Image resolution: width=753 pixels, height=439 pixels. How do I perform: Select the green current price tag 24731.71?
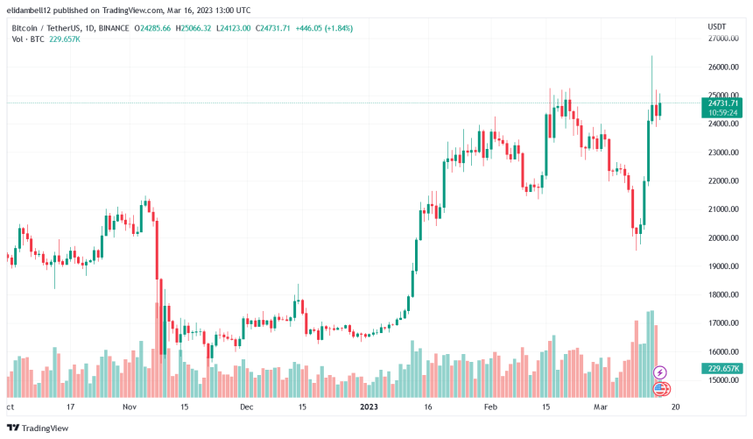pos(722,103)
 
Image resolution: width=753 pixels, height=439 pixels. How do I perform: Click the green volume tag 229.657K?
pos(722,369)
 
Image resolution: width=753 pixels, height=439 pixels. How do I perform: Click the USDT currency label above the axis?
pos(717,27)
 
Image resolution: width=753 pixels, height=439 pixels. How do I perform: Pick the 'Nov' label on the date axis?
pos(130,407)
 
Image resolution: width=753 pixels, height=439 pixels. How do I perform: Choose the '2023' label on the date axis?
pos(368,407)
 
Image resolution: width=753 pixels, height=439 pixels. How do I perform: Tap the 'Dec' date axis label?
pos(246,407)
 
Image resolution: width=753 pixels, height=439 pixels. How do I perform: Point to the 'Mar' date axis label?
pos(600,407)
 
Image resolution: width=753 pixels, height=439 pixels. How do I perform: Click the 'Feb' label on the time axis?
pos(490,407)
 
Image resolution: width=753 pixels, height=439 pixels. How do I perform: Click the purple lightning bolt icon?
pos(661,372)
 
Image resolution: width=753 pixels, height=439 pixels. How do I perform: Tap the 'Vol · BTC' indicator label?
pos(25,40)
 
